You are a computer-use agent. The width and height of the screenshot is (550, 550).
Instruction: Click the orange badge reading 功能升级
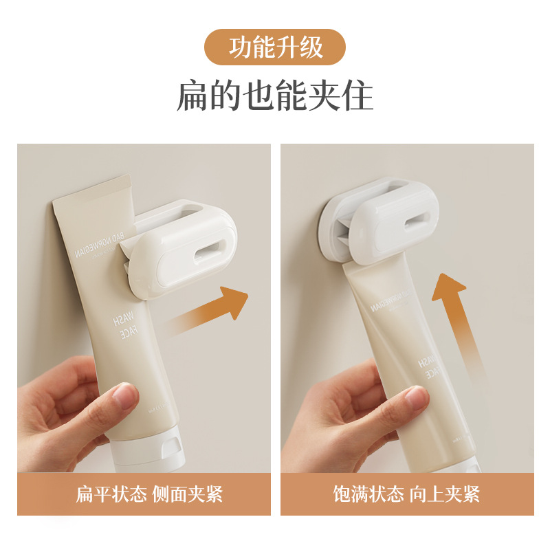pyautogui.click(x=275, y=47)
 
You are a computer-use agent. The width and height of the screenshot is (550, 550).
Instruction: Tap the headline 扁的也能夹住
pyautogui.click(x=275, y=96)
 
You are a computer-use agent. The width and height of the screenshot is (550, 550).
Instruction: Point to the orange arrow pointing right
pyautogui.click(x=210, y=311)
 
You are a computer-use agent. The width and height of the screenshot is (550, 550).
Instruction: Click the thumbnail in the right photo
pyautogui.click(x=417, y=397)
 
